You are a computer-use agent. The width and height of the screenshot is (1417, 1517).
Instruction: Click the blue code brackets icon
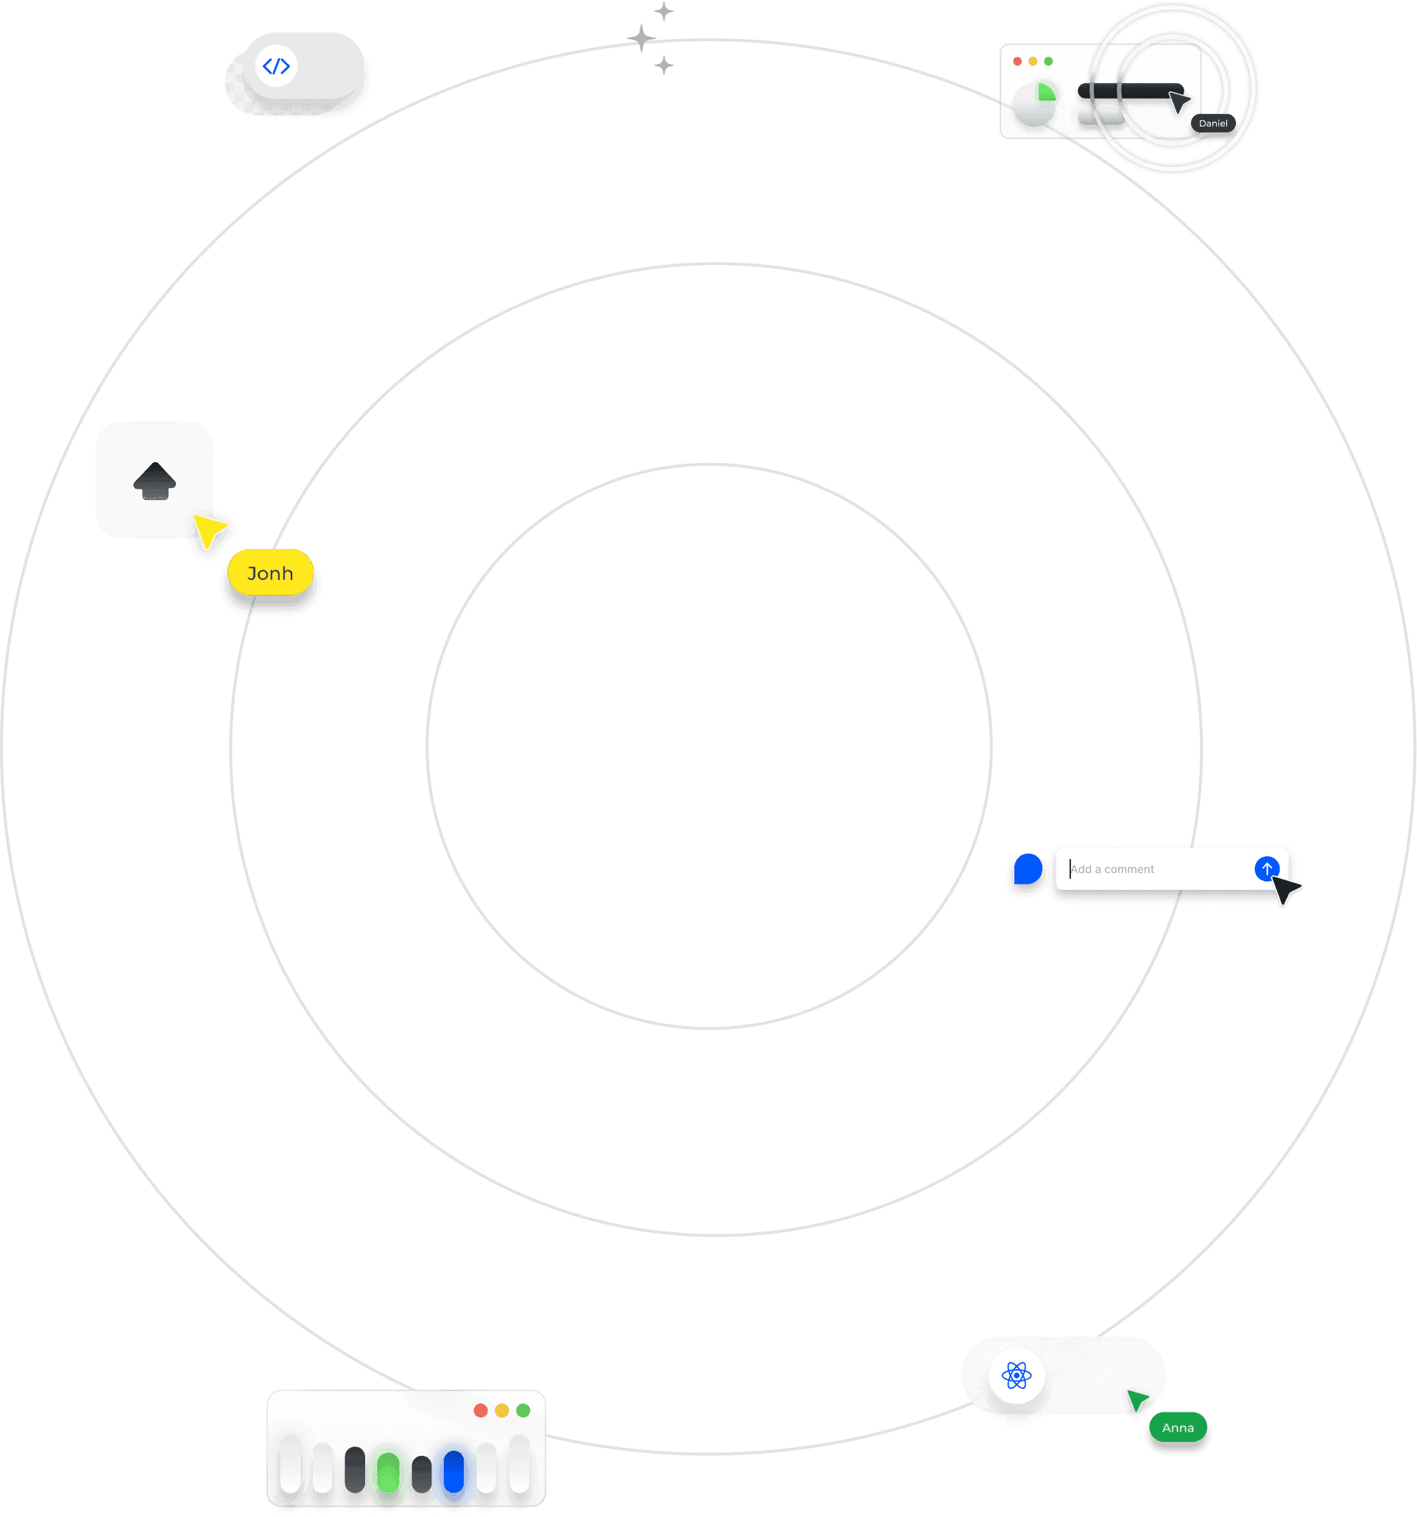(276, 66)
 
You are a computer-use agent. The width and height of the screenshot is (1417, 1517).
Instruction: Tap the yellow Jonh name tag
(270, 573)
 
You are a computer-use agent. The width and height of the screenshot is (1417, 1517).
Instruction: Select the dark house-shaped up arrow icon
(155, 481)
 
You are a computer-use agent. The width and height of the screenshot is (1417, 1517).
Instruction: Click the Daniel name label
(1212, 124)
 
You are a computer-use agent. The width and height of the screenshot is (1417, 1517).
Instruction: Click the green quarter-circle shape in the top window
(1045, 93)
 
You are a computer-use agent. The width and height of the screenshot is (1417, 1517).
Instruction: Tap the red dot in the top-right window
(1017, 61)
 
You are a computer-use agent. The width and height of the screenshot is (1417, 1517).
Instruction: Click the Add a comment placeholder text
(1112, 869)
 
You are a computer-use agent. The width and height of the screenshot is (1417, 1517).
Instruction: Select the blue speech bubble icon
(1028, 869)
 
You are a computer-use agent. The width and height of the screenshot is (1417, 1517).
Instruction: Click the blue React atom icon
(1017, 1376)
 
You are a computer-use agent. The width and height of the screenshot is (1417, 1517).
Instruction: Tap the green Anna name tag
(1178, 1428)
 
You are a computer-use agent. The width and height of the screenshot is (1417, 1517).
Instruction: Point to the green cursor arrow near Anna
(1137, 1400)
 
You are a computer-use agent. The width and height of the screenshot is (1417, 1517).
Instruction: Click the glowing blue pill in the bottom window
(453, 1471)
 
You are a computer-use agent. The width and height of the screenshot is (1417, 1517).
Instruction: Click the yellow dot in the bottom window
(501, 1410)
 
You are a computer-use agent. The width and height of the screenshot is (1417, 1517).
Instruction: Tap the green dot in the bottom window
(523, 1410)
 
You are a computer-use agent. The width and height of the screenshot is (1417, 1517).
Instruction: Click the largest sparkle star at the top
(642, 38)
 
